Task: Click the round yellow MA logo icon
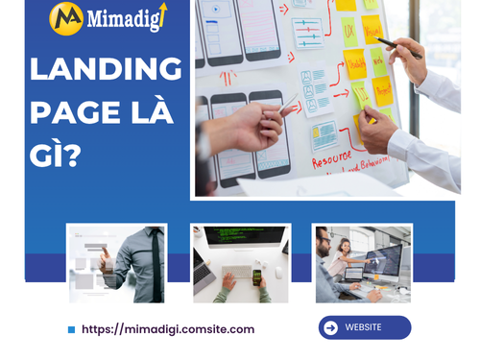coord(66,19)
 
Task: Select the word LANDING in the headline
coord(106,70)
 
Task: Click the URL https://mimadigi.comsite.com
coord(168,329)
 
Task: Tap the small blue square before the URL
coord(71,329)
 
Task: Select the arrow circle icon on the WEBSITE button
coord(331,327)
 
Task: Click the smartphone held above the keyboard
coord(257,276)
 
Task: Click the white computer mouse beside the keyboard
coord(279,274)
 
